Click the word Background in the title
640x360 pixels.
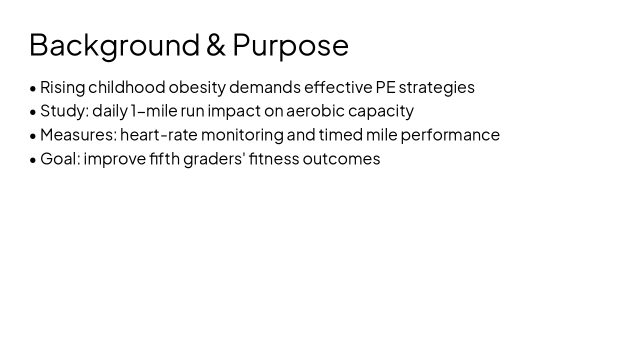[114, 45]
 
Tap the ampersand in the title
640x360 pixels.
[216, 45]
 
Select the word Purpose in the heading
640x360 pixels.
[290, 45]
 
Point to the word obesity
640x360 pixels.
[197, 87]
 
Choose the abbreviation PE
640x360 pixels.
[385, 87]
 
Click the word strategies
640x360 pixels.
[436, 87]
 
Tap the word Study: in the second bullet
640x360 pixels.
[64, 111]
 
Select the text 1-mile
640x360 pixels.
[154, 111]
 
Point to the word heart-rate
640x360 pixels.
[159, 135]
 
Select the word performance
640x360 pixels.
[450, 135]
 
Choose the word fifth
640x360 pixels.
[164, 158]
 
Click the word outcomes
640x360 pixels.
[341, 159]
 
